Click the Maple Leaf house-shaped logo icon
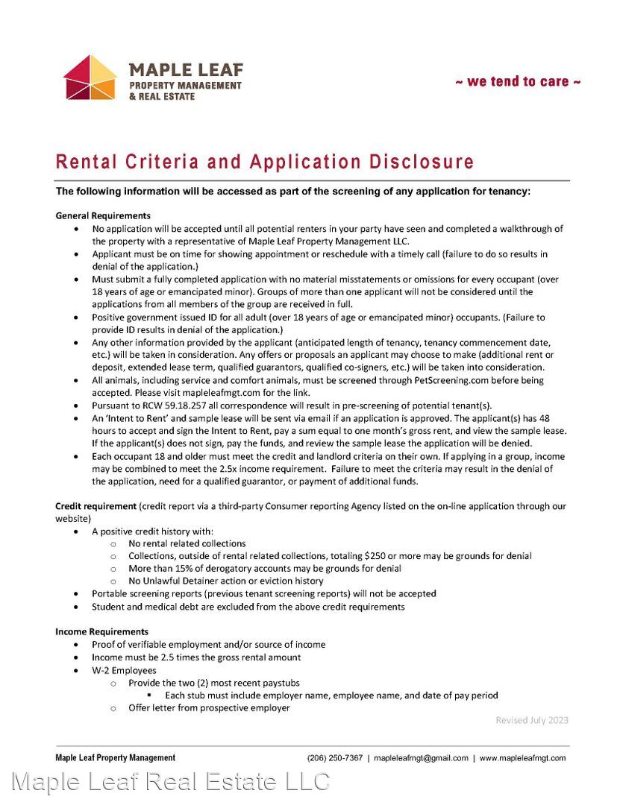click(90, 78)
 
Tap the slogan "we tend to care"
click(518, 81)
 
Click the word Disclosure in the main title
click(422, 162)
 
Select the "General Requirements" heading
click(103, 215)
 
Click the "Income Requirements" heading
click(101, 631)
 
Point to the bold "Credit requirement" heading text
click(96, 506)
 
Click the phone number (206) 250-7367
click(335, 758)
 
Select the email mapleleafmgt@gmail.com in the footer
click(421, 758)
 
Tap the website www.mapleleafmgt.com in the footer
click(522, 758)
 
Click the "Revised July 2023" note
click(532, 720)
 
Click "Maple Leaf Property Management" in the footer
click(115, 758)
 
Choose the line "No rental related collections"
click(187, 543)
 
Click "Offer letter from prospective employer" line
click(209, 708)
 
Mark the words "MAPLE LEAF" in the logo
click(186, 69)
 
